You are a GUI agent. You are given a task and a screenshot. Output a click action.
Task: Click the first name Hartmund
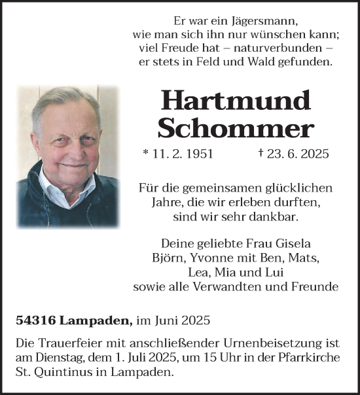[236, 100]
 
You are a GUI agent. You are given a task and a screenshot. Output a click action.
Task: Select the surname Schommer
[236, 128]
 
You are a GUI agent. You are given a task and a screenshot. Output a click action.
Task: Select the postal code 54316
[34, 321]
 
